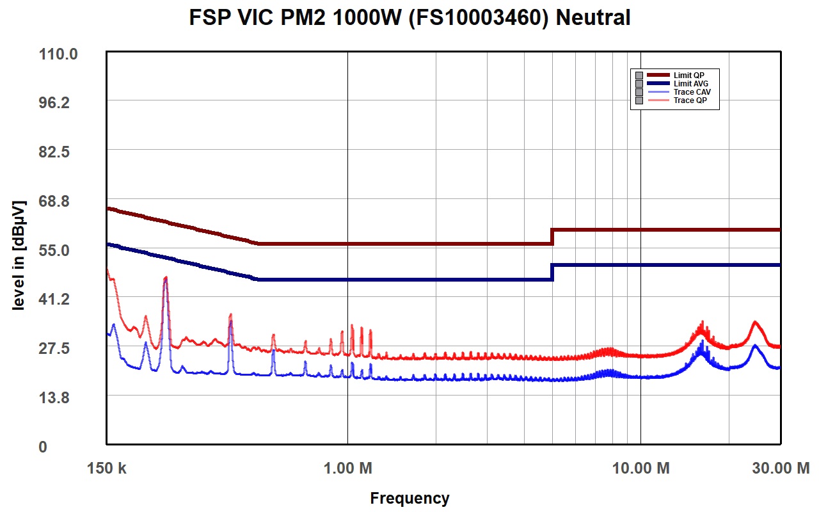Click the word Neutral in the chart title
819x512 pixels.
pos(592,17)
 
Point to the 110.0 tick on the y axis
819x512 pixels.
pos(58,54)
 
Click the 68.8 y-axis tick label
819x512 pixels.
pos(54,201)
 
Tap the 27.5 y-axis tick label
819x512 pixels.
pos(54,348)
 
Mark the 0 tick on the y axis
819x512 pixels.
pos(43,447)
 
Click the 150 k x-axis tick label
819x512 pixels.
pos(106,468)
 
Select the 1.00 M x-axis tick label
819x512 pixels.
pos(347,468)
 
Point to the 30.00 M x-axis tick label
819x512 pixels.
pos(781,468)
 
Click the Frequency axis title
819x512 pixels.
pos(409,499)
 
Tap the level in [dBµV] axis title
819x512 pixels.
pos(19,255)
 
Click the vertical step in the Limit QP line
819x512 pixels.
pos(552,237)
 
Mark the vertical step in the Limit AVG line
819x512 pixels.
pos(552,273)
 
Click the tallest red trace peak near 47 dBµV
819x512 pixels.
pos(166,278)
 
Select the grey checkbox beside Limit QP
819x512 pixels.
pos(639,76)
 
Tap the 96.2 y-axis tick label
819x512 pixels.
pos(54,103)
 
